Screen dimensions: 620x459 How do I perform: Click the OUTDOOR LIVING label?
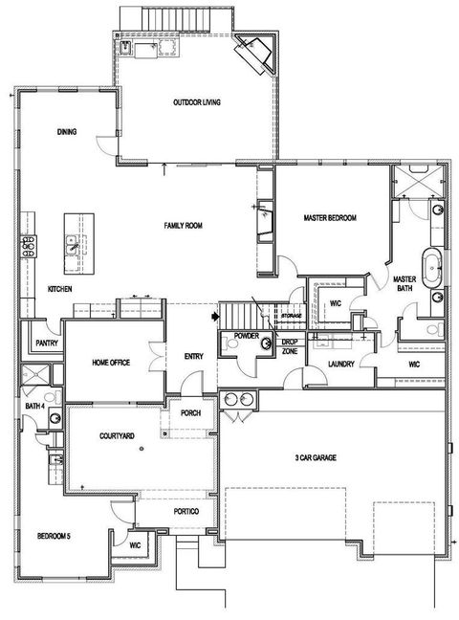click(197, 102)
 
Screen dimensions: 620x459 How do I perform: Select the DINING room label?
click(67, 132)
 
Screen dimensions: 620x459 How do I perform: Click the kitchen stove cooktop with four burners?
click(29, 247)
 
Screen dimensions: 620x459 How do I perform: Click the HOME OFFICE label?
click(110, 362)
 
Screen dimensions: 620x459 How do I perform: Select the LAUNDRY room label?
click(339, 364)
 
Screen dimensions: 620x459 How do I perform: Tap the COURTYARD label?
click(117, 435)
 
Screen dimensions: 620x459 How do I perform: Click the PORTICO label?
click(186, 513)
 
